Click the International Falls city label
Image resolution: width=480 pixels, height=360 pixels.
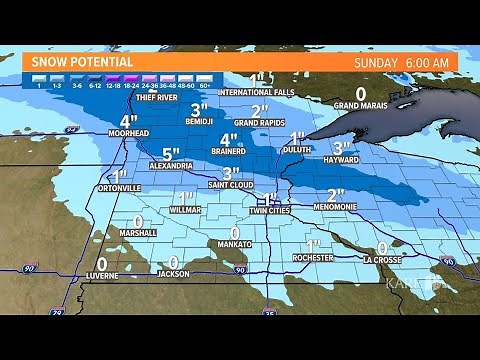[x=258, y=93]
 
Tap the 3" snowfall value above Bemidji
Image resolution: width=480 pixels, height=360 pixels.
[x=198, y=109]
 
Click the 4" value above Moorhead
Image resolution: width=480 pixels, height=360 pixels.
[x=128, y=122]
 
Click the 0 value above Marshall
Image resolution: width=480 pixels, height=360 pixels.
[x=137, y=222]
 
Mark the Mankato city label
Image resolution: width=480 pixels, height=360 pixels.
[x=235, y=243]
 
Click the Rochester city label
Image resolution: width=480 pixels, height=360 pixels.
[x=313, y=257]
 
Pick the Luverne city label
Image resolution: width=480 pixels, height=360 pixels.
[x=101, y=273]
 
